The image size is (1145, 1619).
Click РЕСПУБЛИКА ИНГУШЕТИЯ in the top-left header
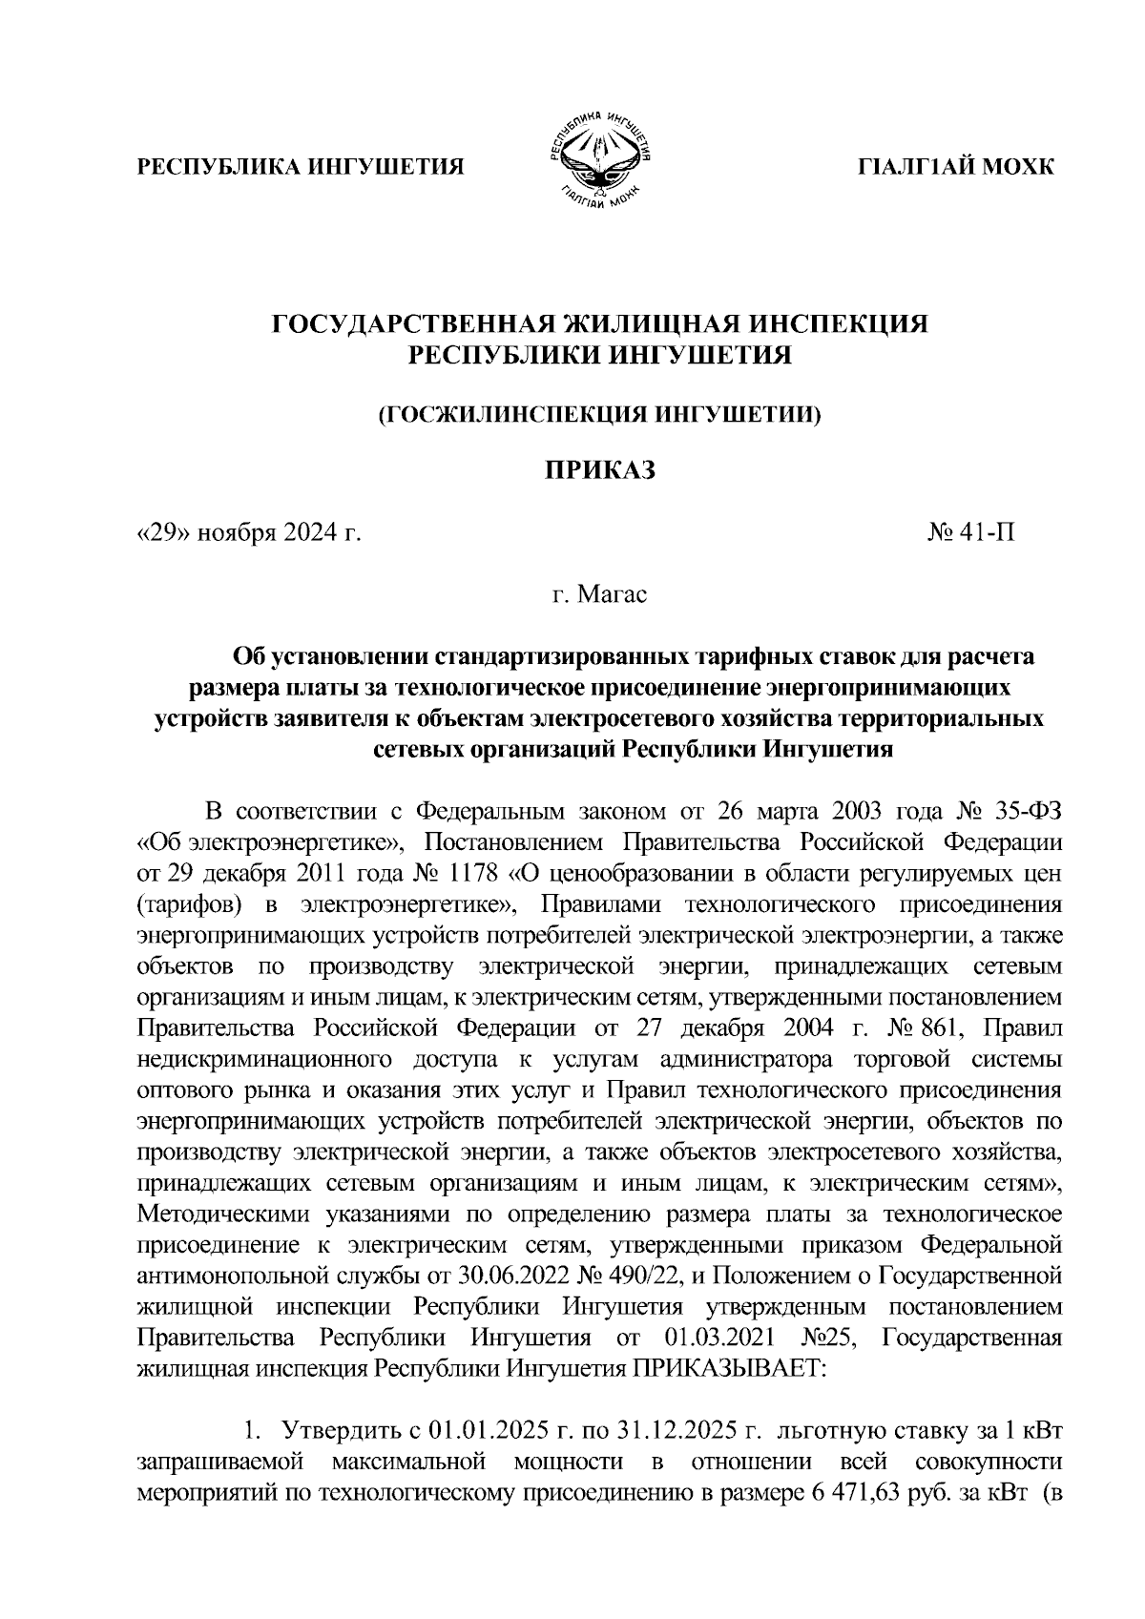(x=302, y=168)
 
